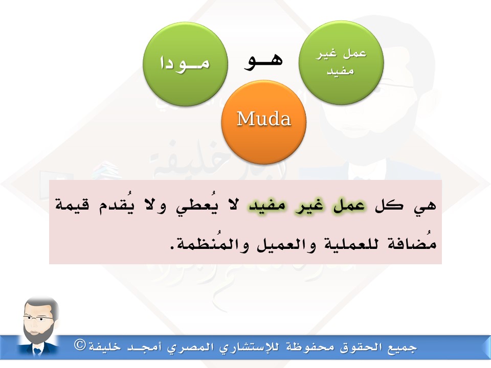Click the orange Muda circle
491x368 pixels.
pyautogui.click(x=264, y=122)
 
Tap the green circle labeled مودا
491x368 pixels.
pyautogui.click(x=185, y=64)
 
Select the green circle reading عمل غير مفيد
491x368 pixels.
pyautogui.click(x=341, y=62)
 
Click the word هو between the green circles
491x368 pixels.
pyautogui.click(x=263, y=61)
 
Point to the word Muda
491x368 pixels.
pyautogui.click(x=264, y=119)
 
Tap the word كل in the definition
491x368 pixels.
pyautogui.click(x=389, y=205)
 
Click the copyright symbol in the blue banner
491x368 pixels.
pyautogui.click(x=80, y=345)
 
